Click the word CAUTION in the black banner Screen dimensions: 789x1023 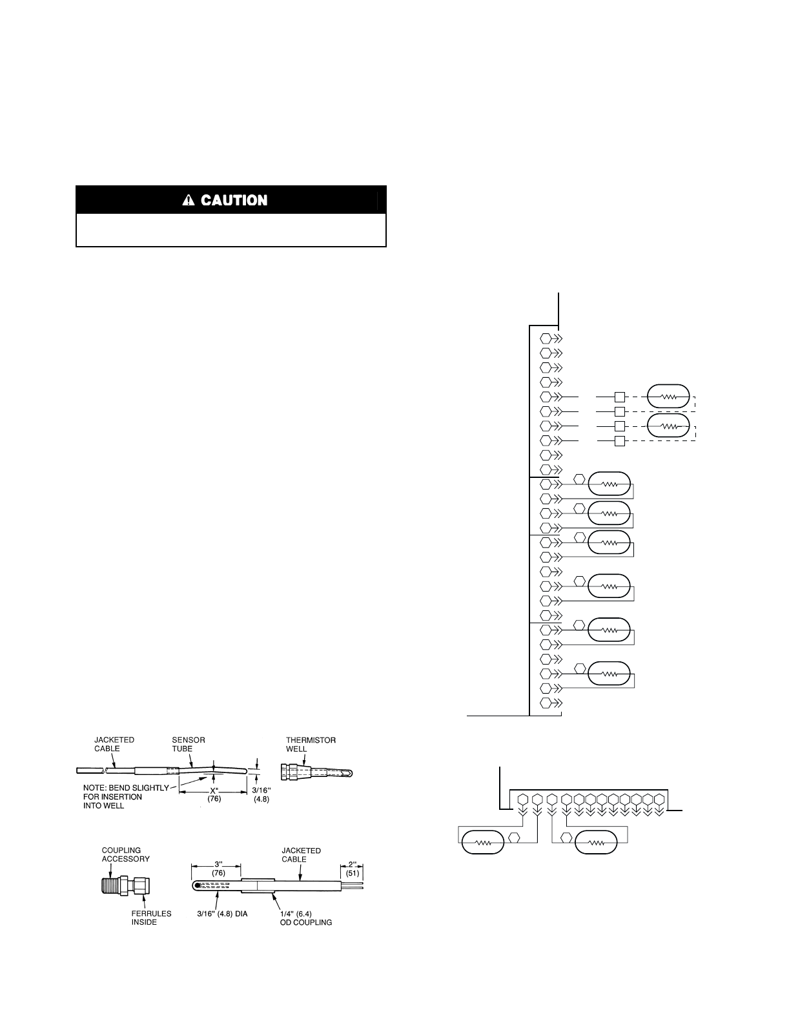pyautogui.click(x=234, y=200)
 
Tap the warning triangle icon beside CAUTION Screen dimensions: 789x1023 pyautogui.click(x=189, y=200)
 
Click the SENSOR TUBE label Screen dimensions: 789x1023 pyautogui.click(x=189, y=744)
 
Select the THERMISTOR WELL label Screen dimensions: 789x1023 pyautogui.click(x=311, y=744)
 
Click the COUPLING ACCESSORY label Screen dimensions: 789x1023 pyautogui.click(x=125, y=854)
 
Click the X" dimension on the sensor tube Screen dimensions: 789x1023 pyautogui.click(x=214, y=790)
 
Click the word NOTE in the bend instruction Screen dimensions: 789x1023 pyautogui.click(x=94, y=788)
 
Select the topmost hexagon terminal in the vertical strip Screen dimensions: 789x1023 pyautogui.click(x=546, y=338)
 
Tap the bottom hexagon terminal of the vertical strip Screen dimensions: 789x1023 pyautogui.click(x=546, y=702)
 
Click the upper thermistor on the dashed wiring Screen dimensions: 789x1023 pyautogui.click(x=668, y=397)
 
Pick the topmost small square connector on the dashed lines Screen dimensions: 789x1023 pyautogui.click(x=620, y=397)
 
